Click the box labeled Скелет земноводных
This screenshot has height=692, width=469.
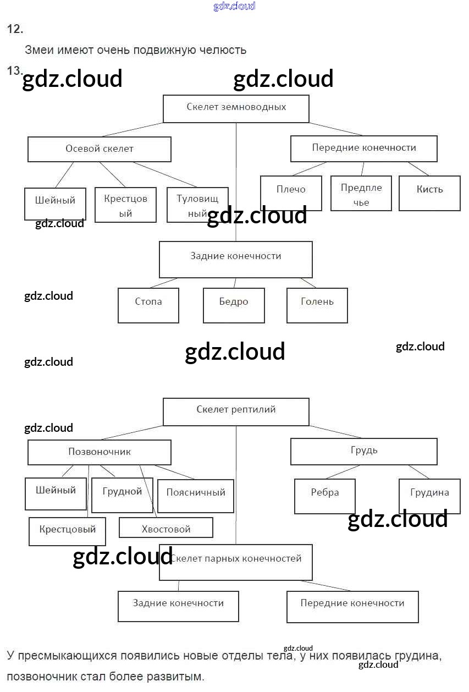[236, 108]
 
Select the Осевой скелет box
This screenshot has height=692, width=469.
[100, 149]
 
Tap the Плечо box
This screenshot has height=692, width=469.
[291, 193]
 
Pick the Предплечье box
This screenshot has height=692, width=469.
[361, 194]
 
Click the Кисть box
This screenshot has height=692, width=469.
[429, 193]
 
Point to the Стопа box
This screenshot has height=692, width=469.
[148, 305]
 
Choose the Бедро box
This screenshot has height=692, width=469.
[234, 305]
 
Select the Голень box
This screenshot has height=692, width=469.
[317, 305]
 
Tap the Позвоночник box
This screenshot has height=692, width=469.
[100, 452]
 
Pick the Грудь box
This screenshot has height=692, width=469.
[363, 451]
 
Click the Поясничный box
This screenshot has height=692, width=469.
[196, 496]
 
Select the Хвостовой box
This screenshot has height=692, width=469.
[166, 529]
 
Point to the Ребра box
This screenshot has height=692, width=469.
[325, 496]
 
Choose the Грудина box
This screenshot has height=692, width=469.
[429, 496]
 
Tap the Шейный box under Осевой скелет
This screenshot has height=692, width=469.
[56, 204]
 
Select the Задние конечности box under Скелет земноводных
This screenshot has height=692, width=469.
[236, 259]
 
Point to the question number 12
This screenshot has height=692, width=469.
[15, 30]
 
